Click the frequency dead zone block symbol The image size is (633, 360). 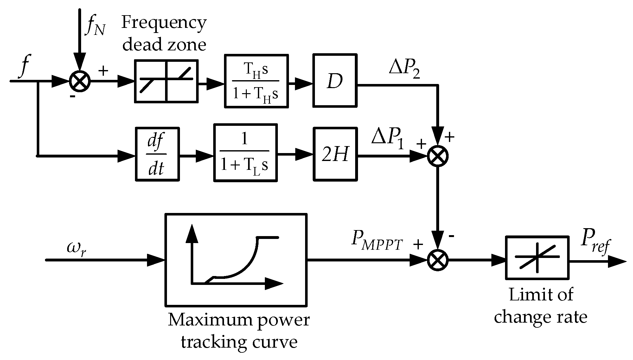(x=166, y=81)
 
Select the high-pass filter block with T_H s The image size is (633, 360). (x=256, y=81)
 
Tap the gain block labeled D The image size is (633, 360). (x=335, y=81)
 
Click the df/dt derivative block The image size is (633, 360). (x=157, y=154)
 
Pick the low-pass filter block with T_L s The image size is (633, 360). (x=246, y=153)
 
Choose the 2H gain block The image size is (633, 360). (x=335, y=154)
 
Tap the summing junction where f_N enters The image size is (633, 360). (x=80, y=81)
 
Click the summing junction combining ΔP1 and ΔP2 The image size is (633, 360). (x=438, y=156)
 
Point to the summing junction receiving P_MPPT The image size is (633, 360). (x=438, y=260)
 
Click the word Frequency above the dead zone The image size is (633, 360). (x=164, y=23)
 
